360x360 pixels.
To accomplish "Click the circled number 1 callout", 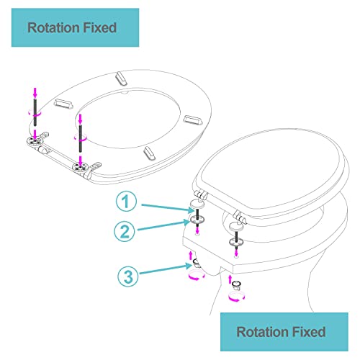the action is pos(126,201).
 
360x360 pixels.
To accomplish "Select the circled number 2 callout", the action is pos(125,231).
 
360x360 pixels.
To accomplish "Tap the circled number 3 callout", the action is pos(128,276).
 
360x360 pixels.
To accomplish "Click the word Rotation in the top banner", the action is pos(50,27).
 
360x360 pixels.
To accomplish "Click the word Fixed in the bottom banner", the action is pos(309,332).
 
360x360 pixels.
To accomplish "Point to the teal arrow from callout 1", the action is pos(168,208).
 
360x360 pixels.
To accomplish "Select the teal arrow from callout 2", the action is pos(164,225).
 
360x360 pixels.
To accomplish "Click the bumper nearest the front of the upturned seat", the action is pos(121,78).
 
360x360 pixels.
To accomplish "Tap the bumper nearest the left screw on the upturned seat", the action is pos(63,104).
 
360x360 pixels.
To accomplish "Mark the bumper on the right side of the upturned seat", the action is pos(193,120).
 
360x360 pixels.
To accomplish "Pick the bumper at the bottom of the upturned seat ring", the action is pos(149,153).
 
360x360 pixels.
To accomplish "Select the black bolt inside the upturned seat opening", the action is pos(81,138).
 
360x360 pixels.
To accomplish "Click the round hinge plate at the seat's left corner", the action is pos(34,141).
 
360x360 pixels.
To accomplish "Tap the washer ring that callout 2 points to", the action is pos(197,219).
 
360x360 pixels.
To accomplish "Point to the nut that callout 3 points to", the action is pos(197,264).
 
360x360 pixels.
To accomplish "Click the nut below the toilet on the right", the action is pos(237,285).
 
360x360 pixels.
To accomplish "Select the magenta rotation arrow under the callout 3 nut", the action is pos(197,274).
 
